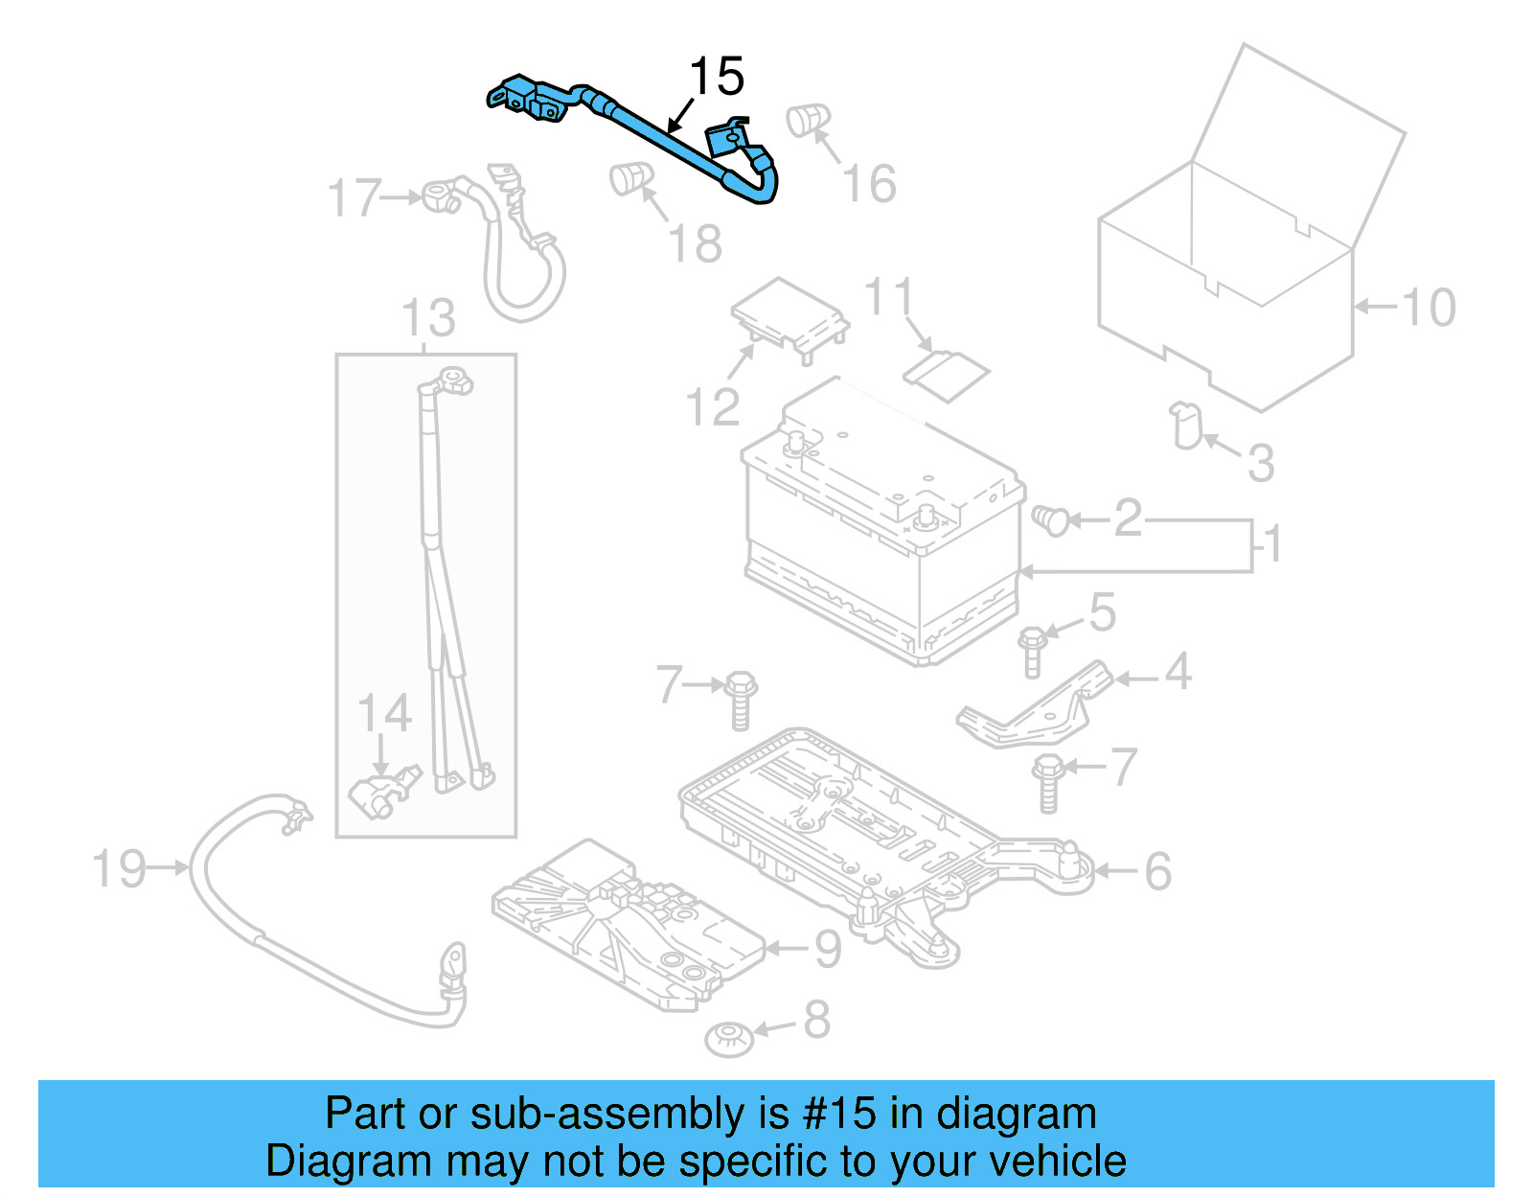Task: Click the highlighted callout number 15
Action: coord(717,76)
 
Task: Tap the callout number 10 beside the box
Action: coord(1428,308)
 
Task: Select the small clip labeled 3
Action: coord(1186,426)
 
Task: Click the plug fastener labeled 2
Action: coord(1051,519)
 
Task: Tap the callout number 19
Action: coord(118,869)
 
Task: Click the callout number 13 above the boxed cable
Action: coord(428,318)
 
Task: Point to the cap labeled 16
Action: coord(807,119)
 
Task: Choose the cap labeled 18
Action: coord(630,177)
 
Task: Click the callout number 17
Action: coord(354,197)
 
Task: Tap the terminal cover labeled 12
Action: coord(789,316)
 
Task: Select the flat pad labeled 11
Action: coord(948,374)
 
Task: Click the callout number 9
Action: coord(828,949)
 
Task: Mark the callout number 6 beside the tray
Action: coord(1157,871)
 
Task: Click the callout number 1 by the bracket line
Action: coord(1272,546)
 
